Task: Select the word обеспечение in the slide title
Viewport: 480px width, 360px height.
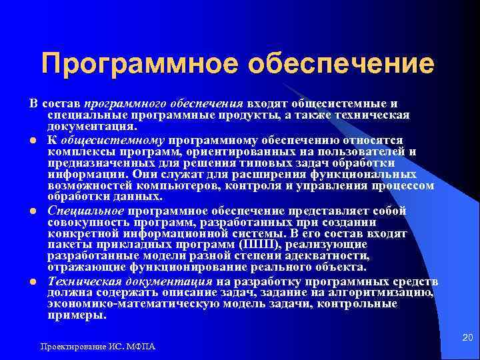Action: [x=341, y=64]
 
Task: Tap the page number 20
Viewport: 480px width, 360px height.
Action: [x=467, y=339]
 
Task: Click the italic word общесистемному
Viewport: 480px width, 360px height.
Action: [x=113, y=141]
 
